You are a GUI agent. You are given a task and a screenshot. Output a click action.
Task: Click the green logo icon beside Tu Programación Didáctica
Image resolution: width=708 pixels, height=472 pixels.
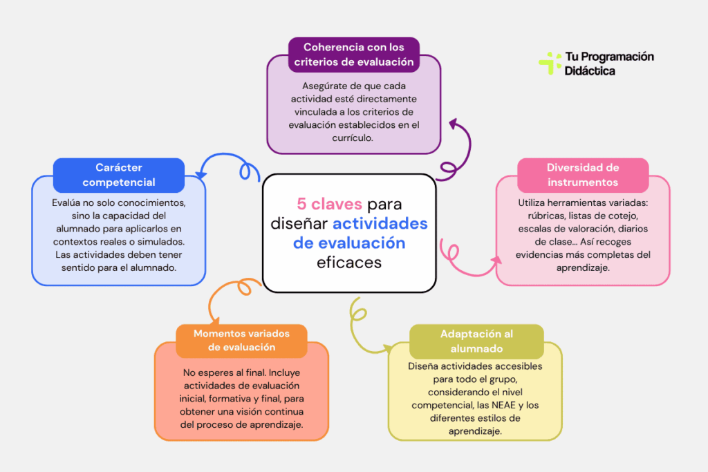(550, 63)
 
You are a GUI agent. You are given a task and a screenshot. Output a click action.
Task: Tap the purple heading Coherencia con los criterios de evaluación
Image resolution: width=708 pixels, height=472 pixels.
(353, 55)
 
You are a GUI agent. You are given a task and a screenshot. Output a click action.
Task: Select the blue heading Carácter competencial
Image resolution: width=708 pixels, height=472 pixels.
(119, 175)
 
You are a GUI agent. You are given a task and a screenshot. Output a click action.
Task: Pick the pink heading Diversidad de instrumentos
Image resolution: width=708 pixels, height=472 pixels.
(583, 175)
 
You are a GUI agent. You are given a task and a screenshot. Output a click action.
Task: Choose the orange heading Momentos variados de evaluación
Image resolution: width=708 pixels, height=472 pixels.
(241, 340)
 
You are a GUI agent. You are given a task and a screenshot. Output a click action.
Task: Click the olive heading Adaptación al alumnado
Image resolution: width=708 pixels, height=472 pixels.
(476, 341)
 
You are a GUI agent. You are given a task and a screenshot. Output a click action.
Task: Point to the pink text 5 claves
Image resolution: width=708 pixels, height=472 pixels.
(329, 205)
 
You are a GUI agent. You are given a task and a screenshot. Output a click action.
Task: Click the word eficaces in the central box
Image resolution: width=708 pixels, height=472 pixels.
(349, 263)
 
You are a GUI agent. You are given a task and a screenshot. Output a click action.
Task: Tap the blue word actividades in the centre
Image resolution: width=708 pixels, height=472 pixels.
(380, 224)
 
